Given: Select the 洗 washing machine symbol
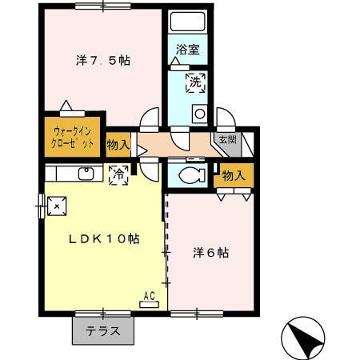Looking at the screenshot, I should pos(195,81).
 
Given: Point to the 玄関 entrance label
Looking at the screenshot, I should pos(228,139).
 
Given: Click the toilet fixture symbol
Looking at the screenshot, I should pos(190,175).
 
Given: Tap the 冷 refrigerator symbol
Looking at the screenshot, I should pos(118,172).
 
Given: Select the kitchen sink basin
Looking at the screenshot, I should pos(85,174).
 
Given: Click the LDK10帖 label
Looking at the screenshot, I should pos(103,238).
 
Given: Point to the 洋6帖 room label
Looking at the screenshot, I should pos(211,253).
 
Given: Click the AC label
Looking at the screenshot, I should pos(149,296).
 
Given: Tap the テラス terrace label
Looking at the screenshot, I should pos(103,330).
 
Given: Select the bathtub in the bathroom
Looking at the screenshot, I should pos(189,23).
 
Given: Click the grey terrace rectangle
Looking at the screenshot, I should pos(103,330).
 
